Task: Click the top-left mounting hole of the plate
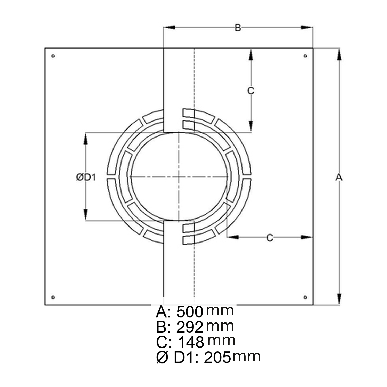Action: tap(53, 56)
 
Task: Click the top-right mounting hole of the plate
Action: tap(305, 56)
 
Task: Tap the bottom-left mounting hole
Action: tap(53, 297)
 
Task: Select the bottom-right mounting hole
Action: tap(305, 297)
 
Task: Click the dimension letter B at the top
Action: tap(238, 28)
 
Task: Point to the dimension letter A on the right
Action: tap(339, 177)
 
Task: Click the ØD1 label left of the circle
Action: tap(86, 177)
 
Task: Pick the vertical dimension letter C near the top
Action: tap(251, 91)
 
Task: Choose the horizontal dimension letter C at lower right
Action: tap(270, 238)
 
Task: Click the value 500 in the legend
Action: tap(190, 312)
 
